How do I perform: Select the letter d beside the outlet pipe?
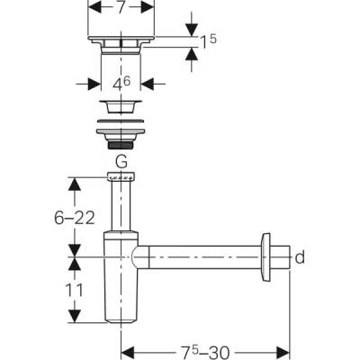pyautogui.click(x=301, y=258)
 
